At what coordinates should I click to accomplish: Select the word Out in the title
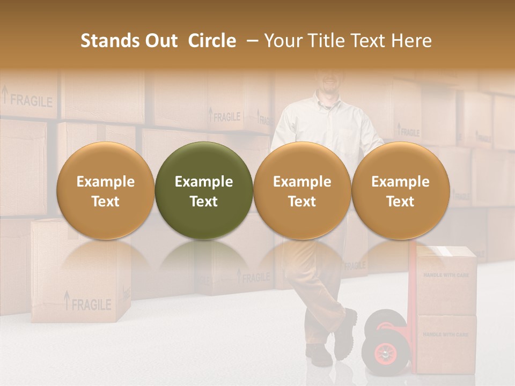(x=159, y=41)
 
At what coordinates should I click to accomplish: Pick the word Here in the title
(x=411, y=41)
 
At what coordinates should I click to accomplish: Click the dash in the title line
(x=250, y=41)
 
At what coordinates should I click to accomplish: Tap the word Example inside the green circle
(x=204, y=182)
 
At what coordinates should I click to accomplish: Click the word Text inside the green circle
(x=204, y=202)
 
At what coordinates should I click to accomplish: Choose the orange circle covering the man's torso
(x=302, y=191)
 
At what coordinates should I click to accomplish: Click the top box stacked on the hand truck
(x=446, y=279)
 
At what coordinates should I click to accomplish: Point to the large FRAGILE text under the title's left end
(x=31, y=100)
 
